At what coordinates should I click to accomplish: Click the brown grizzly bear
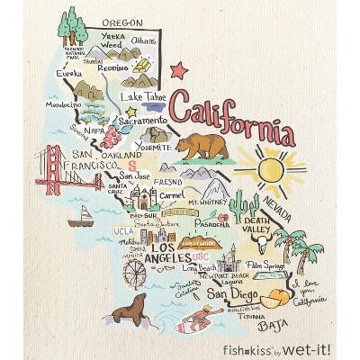tap(200, 146)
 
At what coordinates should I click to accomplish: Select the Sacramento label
tap(141, 120)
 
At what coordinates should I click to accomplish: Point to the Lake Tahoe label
tap(144, 96)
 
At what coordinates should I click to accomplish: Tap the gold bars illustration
tap(141, 68)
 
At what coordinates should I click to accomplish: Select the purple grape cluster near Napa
tap(111, 138)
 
